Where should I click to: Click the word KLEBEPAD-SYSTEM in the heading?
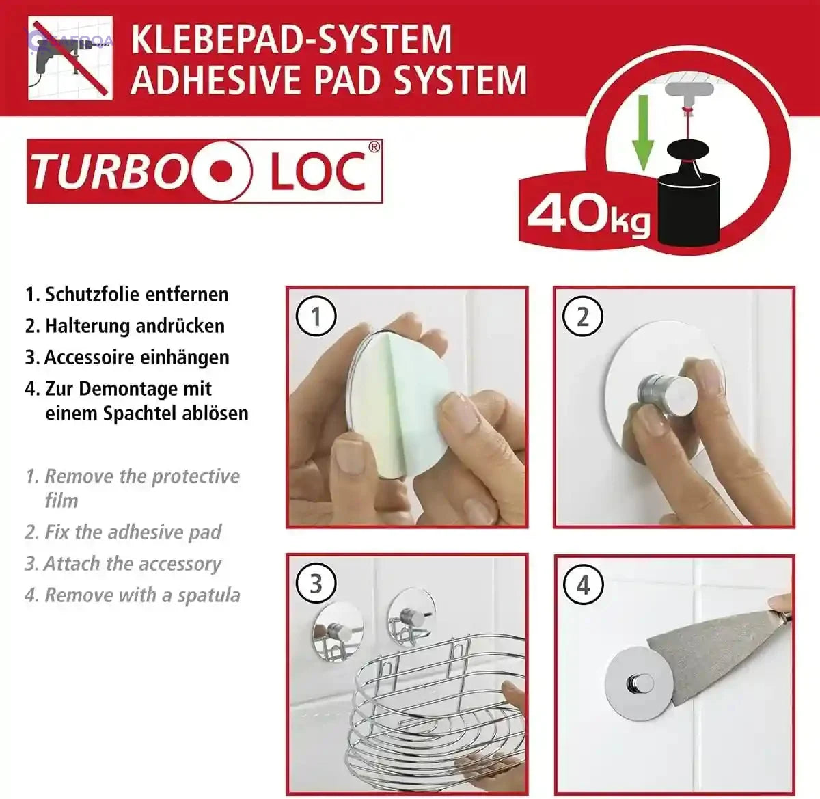(x=291, y=39)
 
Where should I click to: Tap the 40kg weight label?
(x=588, y=215)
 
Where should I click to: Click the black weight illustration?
(x=689, y=198)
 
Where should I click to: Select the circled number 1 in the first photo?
(x=316, y=316)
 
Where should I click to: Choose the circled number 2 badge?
(x=582, y=316)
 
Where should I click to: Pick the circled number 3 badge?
(x=316, y=584)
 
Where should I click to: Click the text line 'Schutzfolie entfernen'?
(x=136, y=295)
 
